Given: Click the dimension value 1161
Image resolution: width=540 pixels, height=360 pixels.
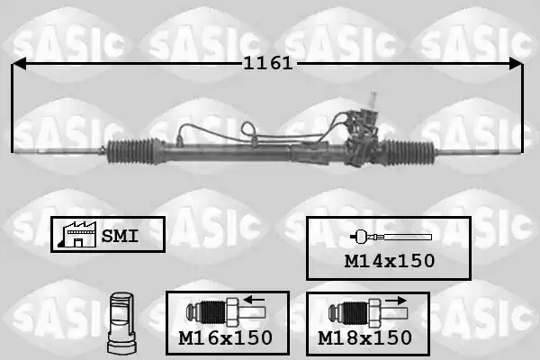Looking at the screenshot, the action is [x=268, y=63].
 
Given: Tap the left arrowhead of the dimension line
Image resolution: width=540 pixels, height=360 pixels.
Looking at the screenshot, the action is [x=19, y=63].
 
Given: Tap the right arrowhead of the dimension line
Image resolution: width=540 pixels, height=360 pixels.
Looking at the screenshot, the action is [x=517, y=63].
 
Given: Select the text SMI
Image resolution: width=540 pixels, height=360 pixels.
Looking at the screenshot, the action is [x=120, y=236].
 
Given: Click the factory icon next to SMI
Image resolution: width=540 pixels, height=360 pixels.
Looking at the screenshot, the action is [x=77, y=234].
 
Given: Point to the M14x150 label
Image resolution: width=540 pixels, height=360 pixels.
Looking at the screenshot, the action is [x=390, y=261].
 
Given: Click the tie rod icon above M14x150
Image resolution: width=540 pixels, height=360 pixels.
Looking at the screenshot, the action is [x=391, y=237].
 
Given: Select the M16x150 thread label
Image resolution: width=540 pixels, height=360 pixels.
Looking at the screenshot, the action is [x=226, y=337].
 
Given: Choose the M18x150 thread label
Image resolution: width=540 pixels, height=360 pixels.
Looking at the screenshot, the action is [x=364, y=337].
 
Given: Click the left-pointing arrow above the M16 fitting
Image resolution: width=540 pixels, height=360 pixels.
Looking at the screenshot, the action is [x=254, y=299].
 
